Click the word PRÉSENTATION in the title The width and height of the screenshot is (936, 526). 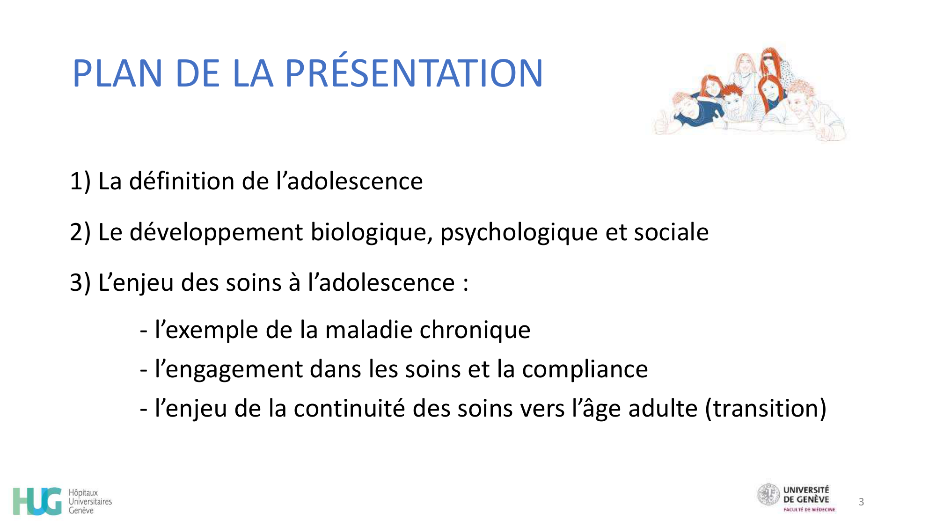(x=414, y=74)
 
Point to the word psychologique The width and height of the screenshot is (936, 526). (x=519, y=232)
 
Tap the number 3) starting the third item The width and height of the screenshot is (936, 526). (x=80, y=283)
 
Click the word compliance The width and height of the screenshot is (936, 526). (x=585, y=369)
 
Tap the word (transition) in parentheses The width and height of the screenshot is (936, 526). (x=766, y=409)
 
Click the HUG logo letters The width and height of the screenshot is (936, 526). (x=37, y=501)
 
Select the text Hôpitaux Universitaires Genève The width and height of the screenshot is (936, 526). (x=90, y=502)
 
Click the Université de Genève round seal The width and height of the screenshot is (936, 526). (x=768, y=495)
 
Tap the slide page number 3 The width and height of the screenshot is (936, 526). (x=861, y=502)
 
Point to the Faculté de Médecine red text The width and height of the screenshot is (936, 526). (x=809, y=510)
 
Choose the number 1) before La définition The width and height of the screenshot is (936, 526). (x=80, y=181)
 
